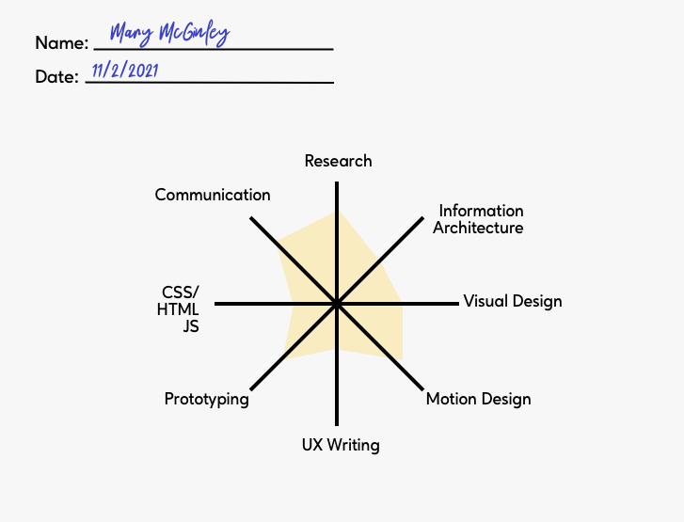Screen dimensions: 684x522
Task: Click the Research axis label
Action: (338, 161)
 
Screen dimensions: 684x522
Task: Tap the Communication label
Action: (213, 195)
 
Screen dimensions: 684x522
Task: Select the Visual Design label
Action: (512, 301)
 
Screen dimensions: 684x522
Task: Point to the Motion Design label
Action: (478, 399)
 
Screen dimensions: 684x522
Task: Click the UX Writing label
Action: (341, 445)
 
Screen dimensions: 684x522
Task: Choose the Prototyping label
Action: (206, 399)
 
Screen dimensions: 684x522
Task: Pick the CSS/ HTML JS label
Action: (181, 308)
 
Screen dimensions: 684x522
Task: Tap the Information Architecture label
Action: (479, 219)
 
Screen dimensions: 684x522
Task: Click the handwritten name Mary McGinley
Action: (169, 34)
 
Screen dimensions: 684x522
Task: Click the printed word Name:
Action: (62, 42)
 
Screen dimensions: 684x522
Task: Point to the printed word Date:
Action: (56, 77)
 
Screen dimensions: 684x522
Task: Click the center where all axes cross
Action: (336, 304)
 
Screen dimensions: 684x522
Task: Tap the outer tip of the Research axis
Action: (336, 182)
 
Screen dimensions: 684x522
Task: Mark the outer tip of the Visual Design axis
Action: (458, 304)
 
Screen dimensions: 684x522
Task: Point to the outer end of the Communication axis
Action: (250, 218)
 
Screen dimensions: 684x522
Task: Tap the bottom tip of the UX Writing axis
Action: (336, 426)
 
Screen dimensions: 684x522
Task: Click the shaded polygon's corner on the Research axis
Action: (336, 212)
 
